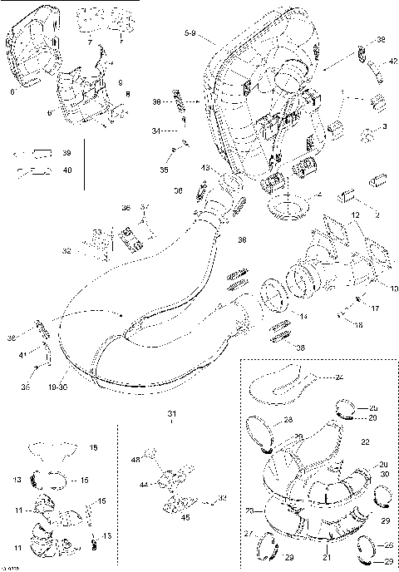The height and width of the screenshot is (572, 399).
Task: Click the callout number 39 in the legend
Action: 67,154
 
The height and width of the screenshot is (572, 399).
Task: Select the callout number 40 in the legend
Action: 67,170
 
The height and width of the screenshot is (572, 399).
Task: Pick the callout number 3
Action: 385,126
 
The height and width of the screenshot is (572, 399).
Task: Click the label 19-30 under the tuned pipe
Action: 57,387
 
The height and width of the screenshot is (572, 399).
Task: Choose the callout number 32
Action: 67,250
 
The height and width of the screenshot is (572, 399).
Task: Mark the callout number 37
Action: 144,207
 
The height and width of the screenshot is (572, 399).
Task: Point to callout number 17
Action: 375,308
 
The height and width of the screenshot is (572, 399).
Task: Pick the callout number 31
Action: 171,414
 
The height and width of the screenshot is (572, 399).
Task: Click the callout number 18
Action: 93,448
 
